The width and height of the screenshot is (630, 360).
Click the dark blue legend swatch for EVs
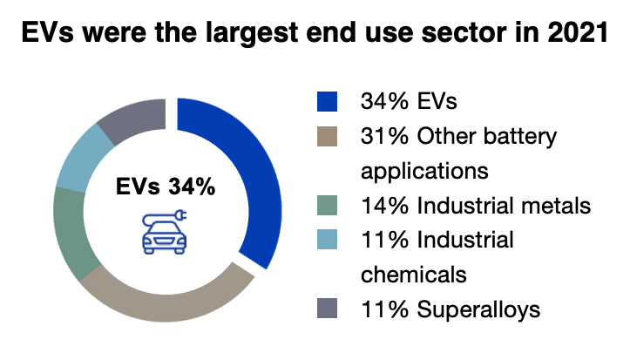pyautogui.click(x=327, y=101)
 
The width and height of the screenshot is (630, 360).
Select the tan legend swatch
pyautogui.click(x=327, y=136)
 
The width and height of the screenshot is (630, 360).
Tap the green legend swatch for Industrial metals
pyautogui.click(x=327, y=206)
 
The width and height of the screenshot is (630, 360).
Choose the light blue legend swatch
pyautogui.click(x=327, y=240)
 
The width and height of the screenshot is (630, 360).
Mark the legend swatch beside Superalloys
pyautogui.click(x=327, y=309)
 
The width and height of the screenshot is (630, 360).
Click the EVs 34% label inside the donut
pyautogui.click(x=166, y=187)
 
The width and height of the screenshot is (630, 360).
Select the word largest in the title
pyautogui.click(x=252, y=33)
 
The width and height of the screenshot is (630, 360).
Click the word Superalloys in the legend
pyautogui.click(x=478, y=309)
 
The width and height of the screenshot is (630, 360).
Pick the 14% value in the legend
pyautogui.click(x=384, y=206)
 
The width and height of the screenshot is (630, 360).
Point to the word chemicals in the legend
pyautogui.click(x=414, y=275)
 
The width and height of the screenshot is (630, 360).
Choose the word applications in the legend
pyautogui.click(x=424, y=172)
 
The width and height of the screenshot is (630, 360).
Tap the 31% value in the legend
pyautogui.click(x=384, y=136)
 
